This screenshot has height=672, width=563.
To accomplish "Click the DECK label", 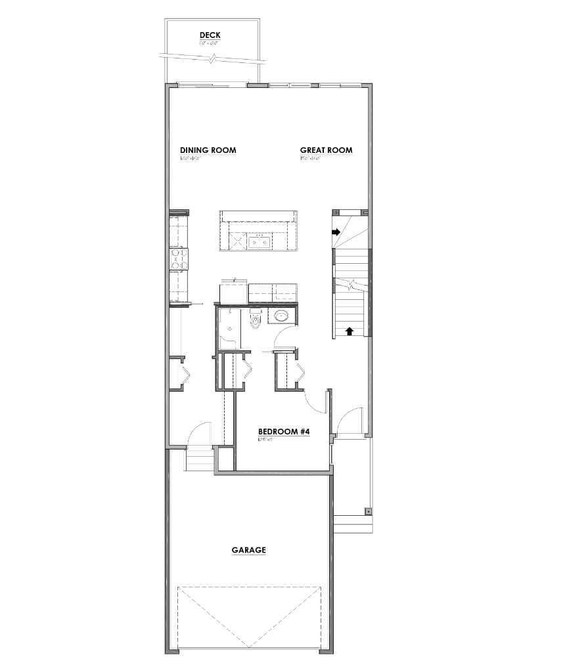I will (210, 35).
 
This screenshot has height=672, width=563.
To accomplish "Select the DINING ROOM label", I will (208, 150).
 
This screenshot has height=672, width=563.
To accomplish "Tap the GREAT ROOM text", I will (326, 150).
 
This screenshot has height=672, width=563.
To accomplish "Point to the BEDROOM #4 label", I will (284, 432).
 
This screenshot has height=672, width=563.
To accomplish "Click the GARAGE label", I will (248, 550).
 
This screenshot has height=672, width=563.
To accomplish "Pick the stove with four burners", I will (179, 259).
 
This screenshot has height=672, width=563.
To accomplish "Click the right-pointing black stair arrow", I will (336, 232).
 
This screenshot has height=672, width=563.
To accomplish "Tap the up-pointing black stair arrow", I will (349, 331).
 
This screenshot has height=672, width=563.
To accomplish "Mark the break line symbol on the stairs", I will (354, 285).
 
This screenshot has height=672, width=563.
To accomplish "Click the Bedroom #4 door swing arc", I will (315, 400).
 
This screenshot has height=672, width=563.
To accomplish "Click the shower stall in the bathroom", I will (229, 325).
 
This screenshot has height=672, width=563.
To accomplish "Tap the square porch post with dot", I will (368, 511).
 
